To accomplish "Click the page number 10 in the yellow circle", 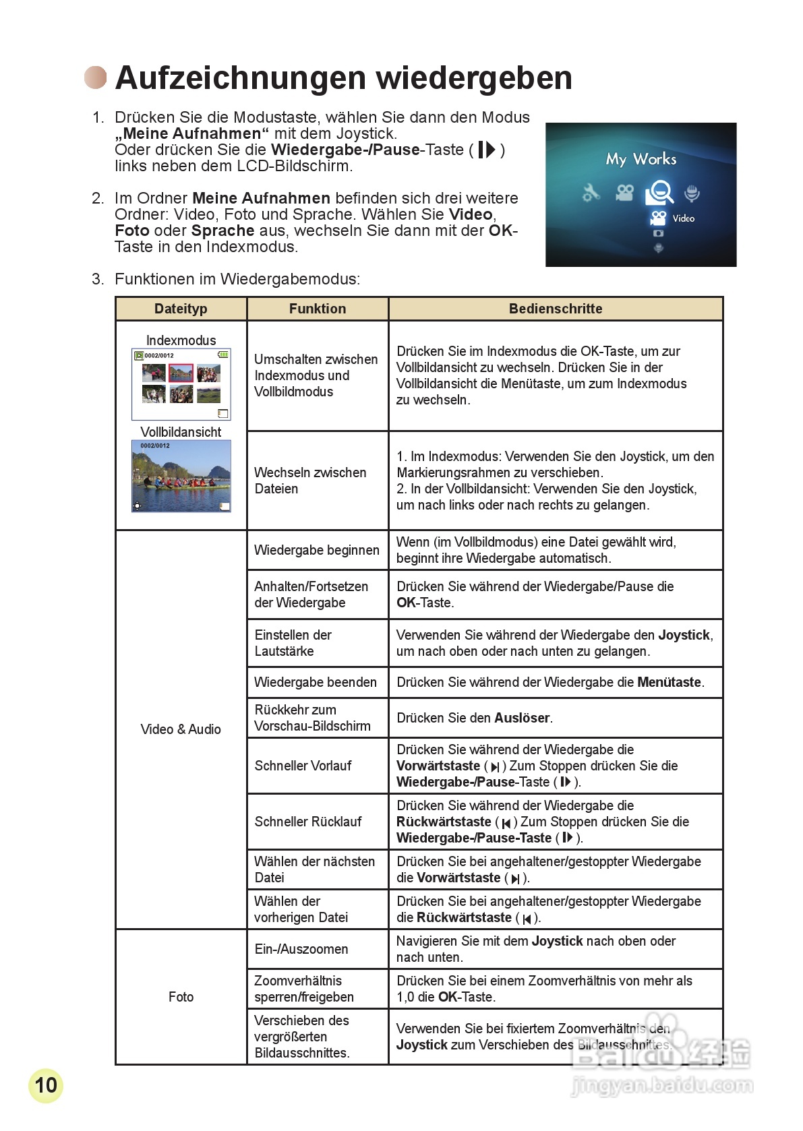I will click(x=46, y=1084).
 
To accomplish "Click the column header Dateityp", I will click(x=181, y=309).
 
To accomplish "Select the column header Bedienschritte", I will click(x=556, y=309).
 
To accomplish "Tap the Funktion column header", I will click(x=318, y=309).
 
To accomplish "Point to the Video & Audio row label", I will click(x=181, y=729).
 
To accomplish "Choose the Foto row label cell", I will click(x=181, y=997).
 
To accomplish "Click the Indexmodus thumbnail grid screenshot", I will click(x=181, y=384).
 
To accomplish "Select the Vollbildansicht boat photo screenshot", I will click(x=181, y=476).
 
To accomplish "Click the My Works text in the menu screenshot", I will click(x=641, y=159).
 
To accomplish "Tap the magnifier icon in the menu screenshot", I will click(x=659, y=193).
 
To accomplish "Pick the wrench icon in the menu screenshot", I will click(x=591, y=193).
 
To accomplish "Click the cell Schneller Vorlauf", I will click(x=303, y=766).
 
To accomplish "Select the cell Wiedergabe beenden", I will click(x=316, y=682).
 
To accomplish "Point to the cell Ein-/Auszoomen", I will click(x=301, y=949).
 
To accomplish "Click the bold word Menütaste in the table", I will click(x=670, y=682).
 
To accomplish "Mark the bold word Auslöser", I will click(x=522, y=718).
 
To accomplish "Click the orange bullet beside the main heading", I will click(x=96, y=78).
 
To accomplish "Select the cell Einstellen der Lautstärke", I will click(x=293, y=643).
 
